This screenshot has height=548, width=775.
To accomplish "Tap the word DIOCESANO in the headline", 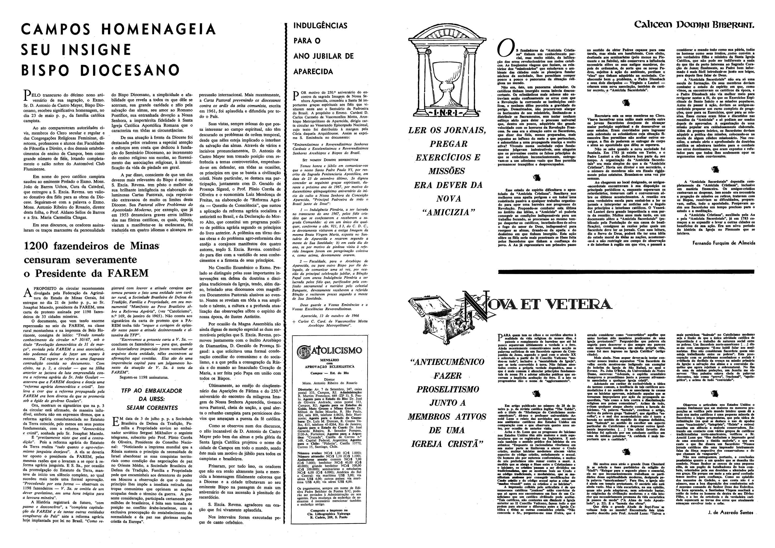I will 130,70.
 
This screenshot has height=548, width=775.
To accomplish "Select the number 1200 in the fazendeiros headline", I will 37,246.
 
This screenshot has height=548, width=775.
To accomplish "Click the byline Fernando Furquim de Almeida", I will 722,243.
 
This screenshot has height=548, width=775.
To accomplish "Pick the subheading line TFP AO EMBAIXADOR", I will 152,391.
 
